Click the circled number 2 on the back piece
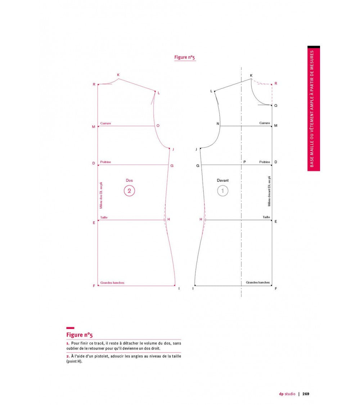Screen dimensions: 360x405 [x=129, y=191]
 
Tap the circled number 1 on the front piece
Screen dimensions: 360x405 [x=222, y=191]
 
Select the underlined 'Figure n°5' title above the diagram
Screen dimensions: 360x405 [x=185, y=57]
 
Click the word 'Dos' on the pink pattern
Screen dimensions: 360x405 [x=129, y=180]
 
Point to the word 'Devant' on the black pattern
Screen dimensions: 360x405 [x=222, y=180]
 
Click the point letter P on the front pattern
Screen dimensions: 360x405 [x=244, y=162]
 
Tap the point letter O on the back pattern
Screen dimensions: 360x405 [x=158, y=126]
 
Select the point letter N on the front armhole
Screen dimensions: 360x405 [x=218, y=124]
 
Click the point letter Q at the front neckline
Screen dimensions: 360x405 [x=276, y=105]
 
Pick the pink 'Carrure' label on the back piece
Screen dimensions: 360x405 [x=105, y=123]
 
